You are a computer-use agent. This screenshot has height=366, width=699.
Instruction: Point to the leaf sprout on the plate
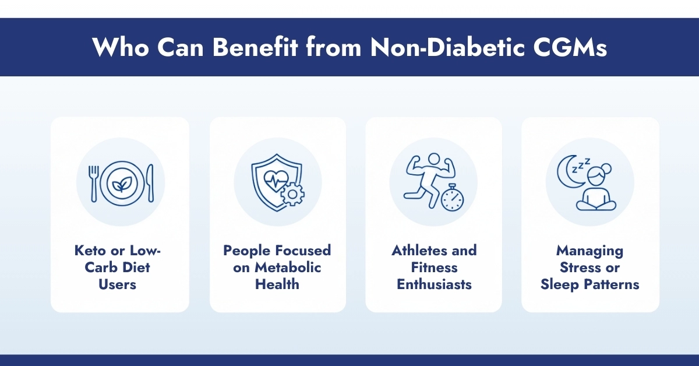[121, 182]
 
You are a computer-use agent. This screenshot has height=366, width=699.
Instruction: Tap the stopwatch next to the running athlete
[452, 199]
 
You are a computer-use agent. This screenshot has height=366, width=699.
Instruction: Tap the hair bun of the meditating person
[607, 168]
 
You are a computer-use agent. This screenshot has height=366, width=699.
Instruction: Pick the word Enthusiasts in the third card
[434, 284]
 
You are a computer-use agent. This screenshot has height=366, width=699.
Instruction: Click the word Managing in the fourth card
[589, 251]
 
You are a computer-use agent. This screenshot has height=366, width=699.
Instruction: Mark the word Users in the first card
[120, 284]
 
